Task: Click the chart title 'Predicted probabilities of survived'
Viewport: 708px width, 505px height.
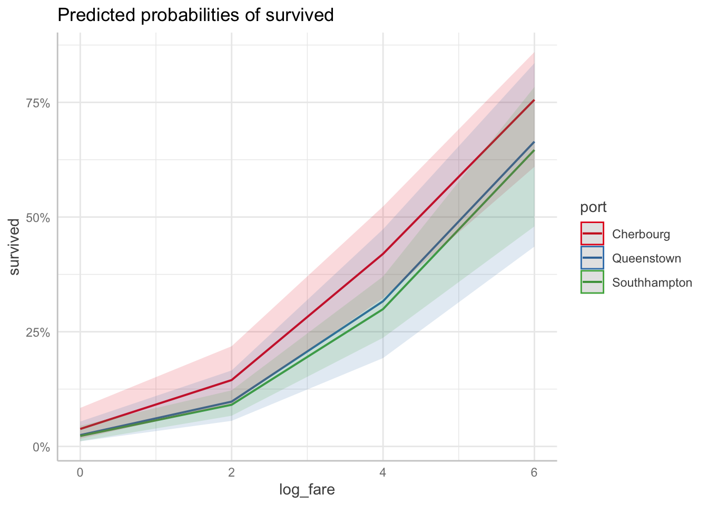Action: [195, 15]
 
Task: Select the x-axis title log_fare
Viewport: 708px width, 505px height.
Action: [307, 490]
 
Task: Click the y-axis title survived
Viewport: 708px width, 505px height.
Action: [15, 247]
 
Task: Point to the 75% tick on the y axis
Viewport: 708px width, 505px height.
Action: [38, 103]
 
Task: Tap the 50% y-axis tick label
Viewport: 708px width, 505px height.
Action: [38, 218]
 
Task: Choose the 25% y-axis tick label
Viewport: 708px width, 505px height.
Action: [38, 332]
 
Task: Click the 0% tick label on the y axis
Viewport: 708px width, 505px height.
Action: [42, 447]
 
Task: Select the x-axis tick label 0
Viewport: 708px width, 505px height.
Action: [80, 472]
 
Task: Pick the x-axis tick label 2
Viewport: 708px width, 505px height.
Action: [231, 472]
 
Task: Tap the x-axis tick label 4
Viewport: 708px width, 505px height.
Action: [383, 472]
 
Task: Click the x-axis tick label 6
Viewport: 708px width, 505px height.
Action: [534, 472]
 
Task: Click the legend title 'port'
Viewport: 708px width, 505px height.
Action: [593, 207]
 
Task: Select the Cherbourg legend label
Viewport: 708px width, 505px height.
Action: [641, 234]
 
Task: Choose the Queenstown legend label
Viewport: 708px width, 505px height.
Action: [646, 258]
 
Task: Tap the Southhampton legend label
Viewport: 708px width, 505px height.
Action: [652, 282]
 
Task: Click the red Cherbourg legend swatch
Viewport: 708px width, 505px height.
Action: [592, 234]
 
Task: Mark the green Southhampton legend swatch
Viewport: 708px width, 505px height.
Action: [592, 282]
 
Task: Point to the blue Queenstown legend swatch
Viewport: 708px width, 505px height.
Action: [592, 258]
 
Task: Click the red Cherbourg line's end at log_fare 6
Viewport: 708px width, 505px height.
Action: [534, 100]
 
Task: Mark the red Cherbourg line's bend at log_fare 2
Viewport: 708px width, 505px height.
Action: [231, 380]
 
